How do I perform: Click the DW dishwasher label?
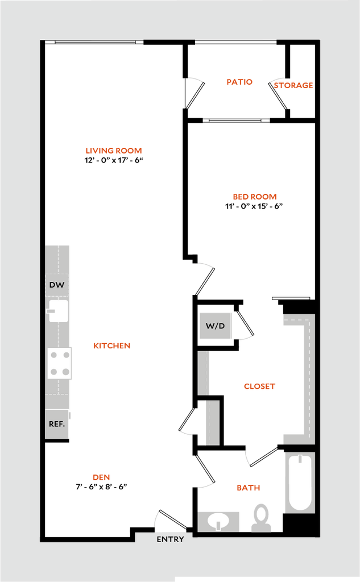click(56, 285)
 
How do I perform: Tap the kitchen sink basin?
click(59, 311)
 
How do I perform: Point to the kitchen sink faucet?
click(51, 311)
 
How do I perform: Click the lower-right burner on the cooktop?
click(66, 372)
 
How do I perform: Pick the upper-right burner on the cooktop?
click(66, 355)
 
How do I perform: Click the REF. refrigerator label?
click(57, 424)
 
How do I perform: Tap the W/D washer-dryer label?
click(216, 326)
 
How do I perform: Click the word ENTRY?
click(170, 539)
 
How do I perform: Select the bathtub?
click(299, 483)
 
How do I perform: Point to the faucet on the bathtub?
click(299, 459)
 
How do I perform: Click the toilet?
click(261, 518)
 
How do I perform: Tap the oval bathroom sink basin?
click(218, 520)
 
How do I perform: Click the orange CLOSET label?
click(259, 386)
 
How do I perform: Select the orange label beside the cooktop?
click(112, 346)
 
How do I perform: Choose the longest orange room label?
click(114, 151)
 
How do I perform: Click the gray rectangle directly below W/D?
click(204, 373)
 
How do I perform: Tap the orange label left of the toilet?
click(249, 488)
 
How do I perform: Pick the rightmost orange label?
click(293, 86)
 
